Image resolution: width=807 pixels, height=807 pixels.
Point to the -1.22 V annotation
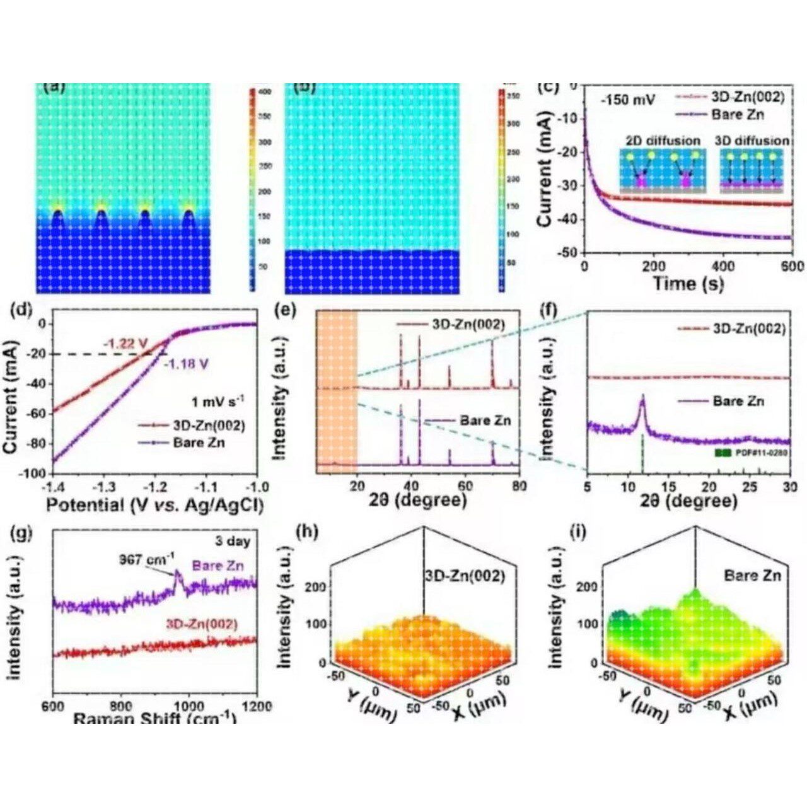125,343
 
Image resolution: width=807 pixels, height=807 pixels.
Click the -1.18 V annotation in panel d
187,364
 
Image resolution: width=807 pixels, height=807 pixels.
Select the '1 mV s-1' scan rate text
219,400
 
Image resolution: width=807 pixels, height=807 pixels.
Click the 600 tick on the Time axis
791,265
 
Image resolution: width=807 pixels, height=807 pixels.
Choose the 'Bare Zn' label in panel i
752,575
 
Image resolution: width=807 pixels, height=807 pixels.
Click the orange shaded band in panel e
337,391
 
